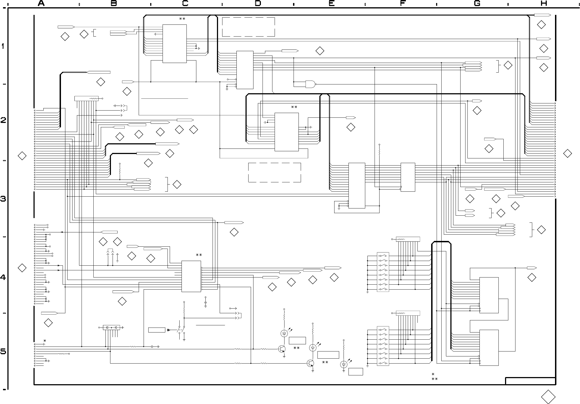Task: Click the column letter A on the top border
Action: coord(41,3)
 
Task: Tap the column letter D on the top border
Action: coord(258,3)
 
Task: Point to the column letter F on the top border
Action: coord(403,3)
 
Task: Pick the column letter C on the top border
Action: coord(185,3)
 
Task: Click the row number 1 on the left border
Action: coord(3,46)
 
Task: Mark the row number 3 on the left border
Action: coord(3,199)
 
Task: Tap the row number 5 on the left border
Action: coord(3,352)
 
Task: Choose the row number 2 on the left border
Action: coord(3,120)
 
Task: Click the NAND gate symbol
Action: coord(311,84)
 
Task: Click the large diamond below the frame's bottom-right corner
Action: coord(548,397)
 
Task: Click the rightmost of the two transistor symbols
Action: coord(311,364)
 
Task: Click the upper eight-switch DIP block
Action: coord(383,272)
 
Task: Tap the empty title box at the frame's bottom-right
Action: coord(531,381)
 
